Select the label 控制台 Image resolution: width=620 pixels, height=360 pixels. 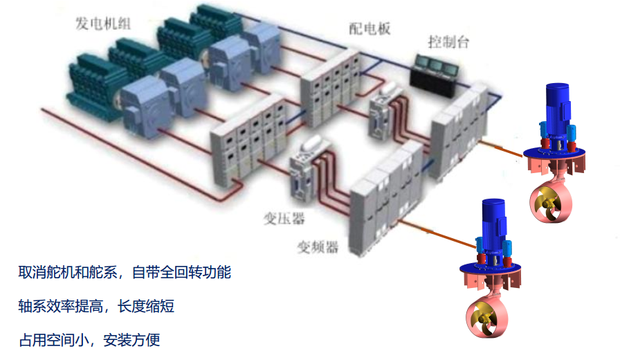(448, 42)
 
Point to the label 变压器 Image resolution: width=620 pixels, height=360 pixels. (284, 219)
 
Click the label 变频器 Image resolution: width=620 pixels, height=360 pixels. (318, 246)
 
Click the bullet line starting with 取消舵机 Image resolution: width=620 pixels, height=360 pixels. (125, 272)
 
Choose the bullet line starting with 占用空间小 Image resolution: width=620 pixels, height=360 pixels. (89, 340)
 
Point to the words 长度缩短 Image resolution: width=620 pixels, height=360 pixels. (146, 306)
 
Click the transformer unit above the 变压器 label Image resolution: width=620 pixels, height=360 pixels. (302, 166)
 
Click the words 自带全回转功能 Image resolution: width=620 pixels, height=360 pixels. (181, 272)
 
